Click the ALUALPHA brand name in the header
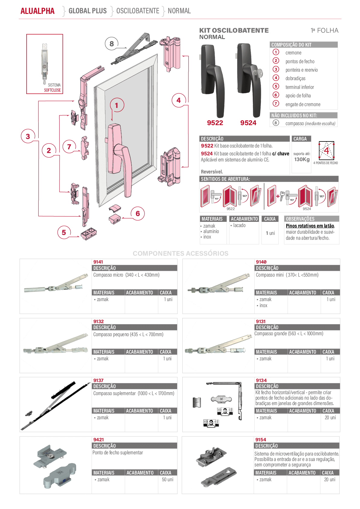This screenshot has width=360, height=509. (37, 11)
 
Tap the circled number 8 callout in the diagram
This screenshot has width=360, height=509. (112, 44)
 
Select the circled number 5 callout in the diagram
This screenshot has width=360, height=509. (64, 232)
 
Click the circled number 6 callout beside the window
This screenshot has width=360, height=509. (138, 213)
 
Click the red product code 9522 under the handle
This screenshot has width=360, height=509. (215, 123)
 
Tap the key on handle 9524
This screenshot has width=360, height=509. (259, 73)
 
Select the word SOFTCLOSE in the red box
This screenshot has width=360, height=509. (53, 90)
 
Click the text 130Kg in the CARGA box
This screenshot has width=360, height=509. (302, 160)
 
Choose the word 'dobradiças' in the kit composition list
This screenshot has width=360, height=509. (295, 78)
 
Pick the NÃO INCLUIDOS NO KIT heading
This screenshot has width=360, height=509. (294, 115)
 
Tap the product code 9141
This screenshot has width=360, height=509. (98, 262)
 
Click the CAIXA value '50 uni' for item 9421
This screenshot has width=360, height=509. (167, 479)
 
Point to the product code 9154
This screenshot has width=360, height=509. (261, 440)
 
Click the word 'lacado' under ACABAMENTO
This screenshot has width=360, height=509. (239, 225)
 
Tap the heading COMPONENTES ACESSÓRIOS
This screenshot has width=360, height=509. (181, 253)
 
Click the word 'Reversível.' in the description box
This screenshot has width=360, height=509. (212, 172)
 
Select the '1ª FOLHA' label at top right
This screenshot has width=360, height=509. (325, 31)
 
